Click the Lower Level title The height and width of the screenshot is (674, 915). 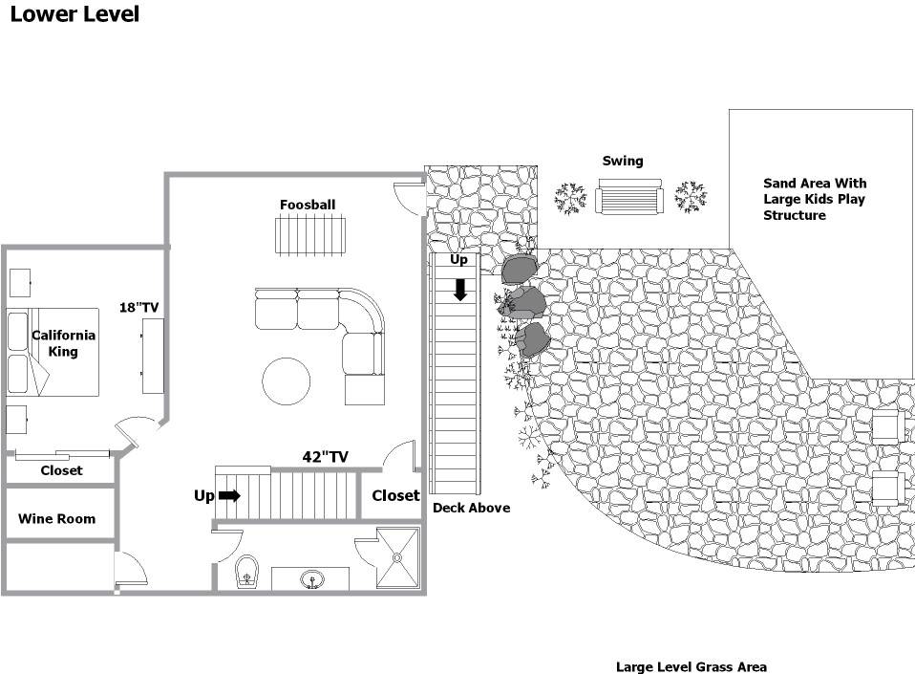(x=74, y=14)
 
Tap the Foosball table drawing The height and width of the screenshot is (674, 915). (x=309, y=235)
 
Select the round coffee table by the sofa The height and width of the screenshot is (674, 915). (x=286, y=380)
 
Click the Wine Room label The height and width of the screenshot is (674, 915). (x=56, y=518)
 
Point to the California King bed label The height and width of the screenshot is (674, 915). (x=63, y=343)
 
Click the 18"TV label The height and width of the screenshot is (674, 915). (x=138, y=307)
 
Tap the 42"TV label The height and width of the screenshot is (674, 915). (x=325, y=457)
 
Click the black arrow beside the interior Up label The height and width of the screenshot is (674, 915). (x=229, y=496)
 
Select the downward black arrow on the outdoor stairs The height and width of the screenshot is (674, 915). (x=460, y=290)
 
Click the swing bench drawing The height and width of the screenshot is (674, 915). (x=629, y=197)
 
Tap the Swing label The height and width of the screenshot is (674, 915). (x=623, y=161)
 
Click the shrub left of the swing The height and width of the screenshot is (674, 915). (x=570, y=199)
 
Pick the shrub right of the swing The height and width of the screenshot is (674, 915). (x=691, y=196)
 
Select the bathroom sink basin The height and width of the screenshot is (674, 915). (x=312, y=579)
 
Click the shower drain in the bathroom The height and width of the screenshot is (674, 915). (x=397, y=557)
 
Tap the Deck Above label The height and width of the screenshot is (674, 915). (x=472, y=508)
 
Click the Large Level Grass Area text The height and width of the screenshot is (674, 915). (x=692, y=666)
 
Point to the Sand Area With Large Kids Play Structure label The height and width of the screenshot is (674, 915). (x=815, y=199)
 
